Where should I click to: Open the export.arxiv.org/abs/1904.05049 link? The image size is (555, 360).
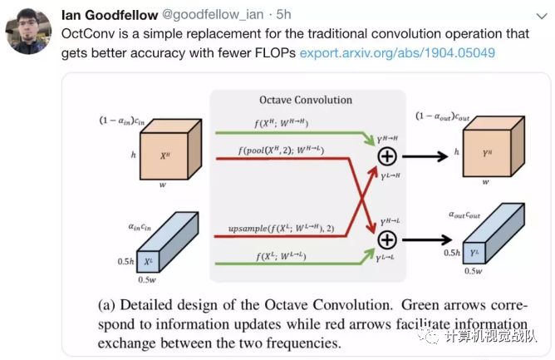pyautogui.click(x=386, y=52)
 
